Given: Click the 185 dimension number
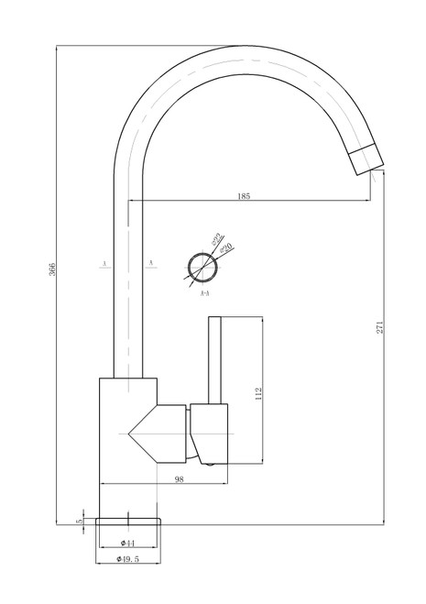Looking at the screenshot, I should pyautogui.click(x=244, y=196).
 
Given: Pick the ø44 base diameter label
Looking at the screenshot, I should pyautogui.click(x=129, y=543).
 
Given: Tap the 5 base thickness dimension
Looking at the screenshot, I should pyautogui.click(x=80, y=521).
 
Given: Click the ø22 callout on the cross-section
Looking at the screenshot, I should pyautogui.click(x=217, y=241).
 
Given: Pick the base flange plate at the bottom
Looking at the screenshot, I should pyautogui.click(x=128, y=520).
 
